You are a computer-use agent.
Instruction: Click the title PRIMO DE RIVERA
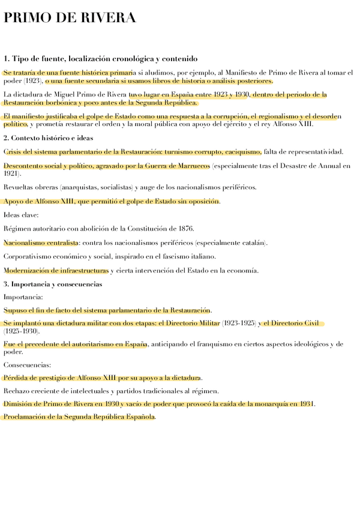tap(70, 19)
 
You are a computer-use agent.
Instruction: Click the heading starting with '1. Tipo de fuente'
tap(100, 59)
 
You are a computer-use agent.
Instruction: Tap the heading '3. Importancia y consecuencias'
tap(53, 284)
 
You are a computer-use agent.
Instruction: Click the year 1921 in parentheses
tap(11, 173)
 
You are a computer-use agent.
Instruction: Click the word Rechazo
tap(17, 391)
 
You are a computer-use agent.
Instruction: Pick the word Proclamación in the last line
tap(26, 417)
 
